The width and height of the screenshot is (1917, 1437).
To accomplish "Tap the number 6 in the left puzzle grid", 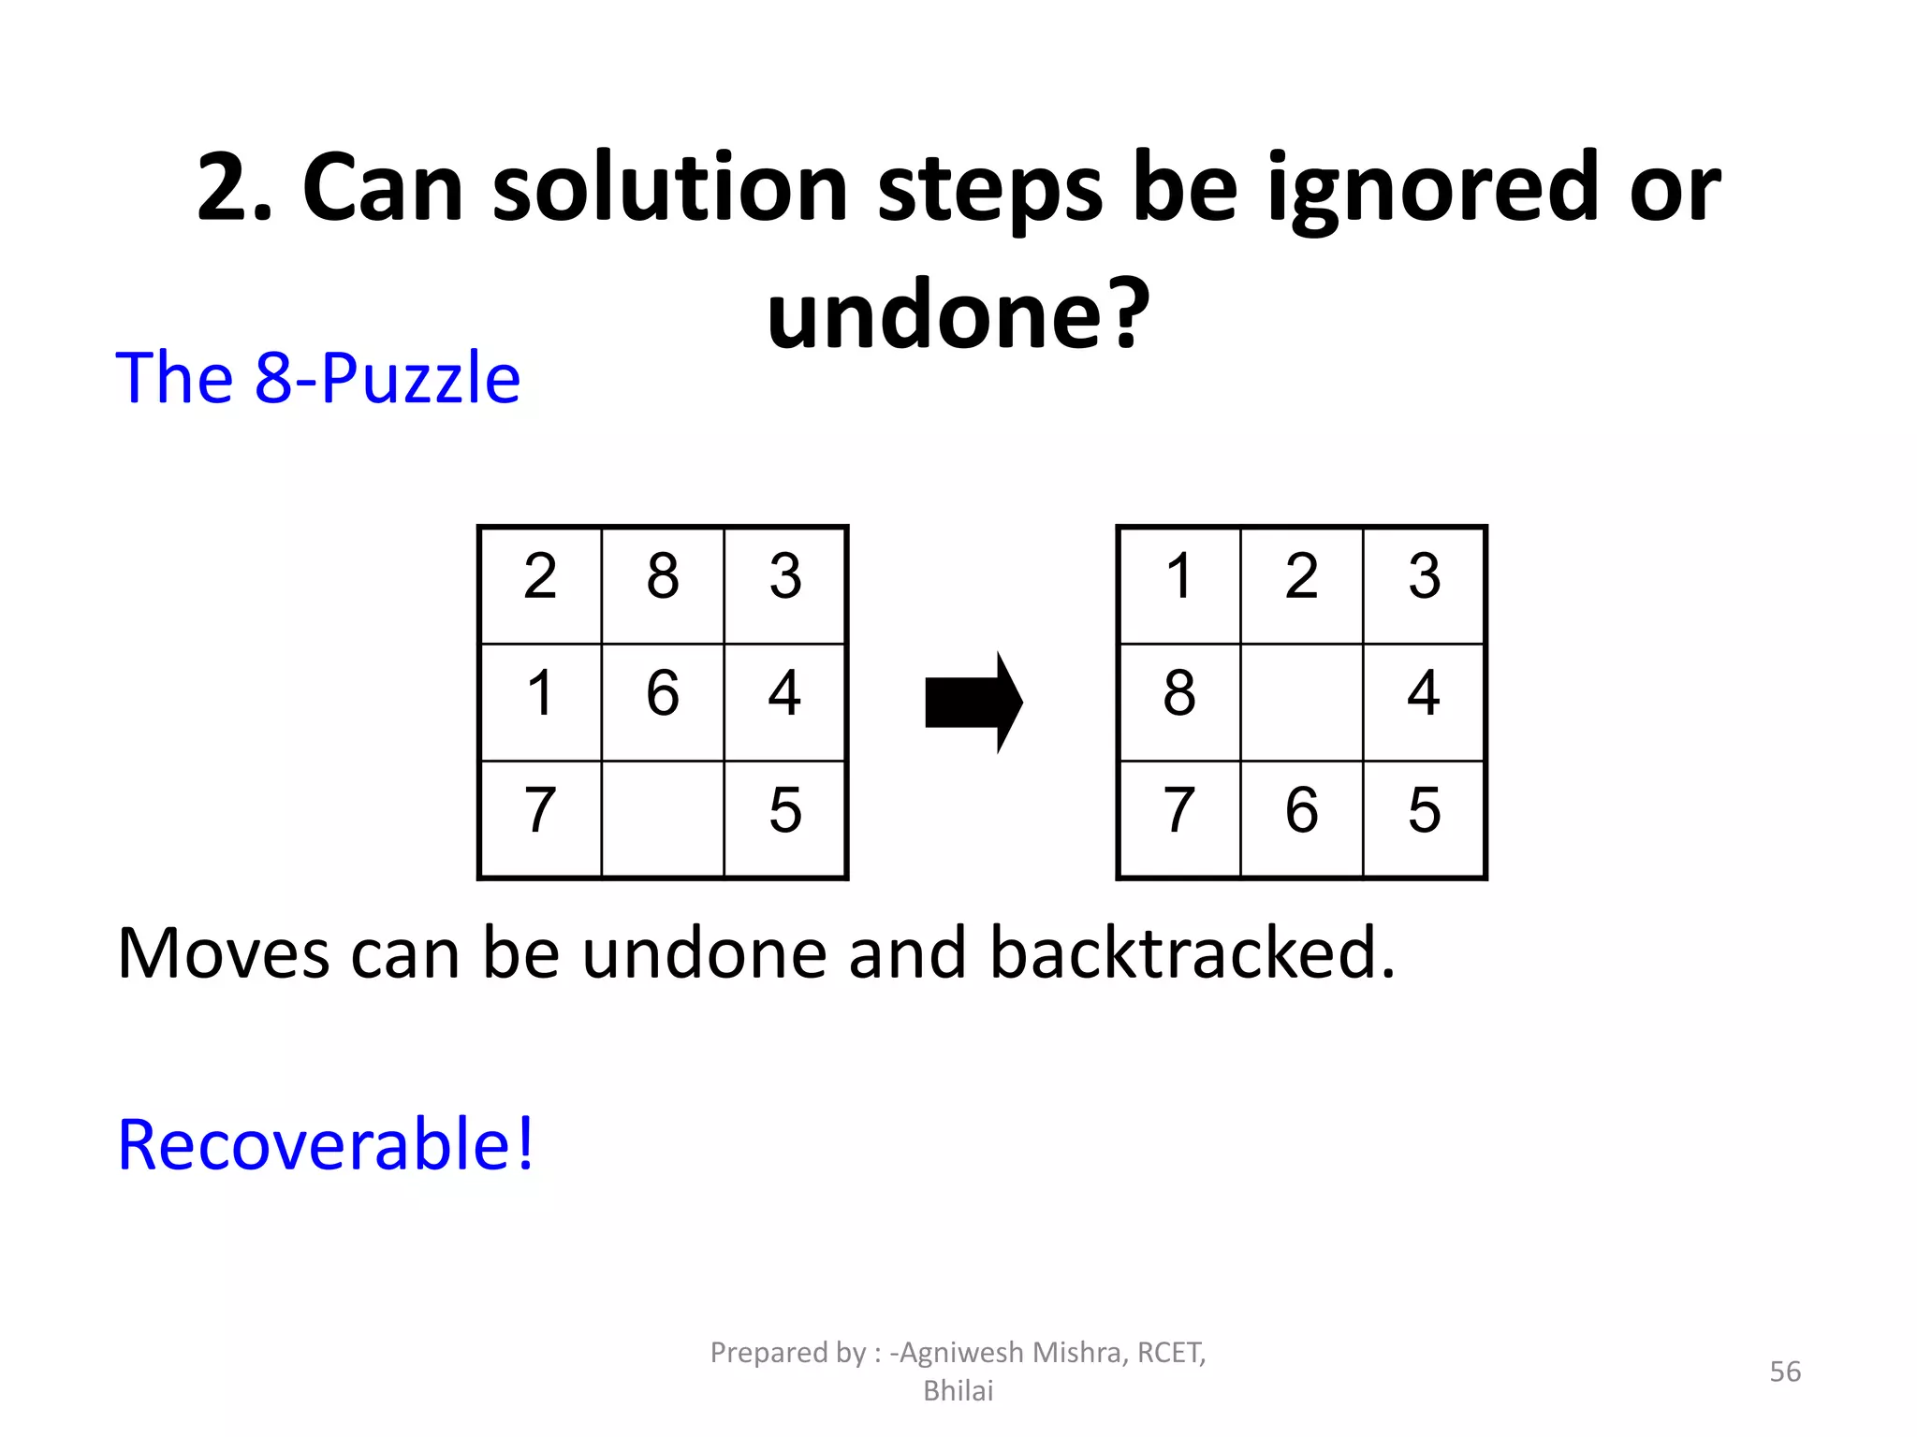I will point(663,693).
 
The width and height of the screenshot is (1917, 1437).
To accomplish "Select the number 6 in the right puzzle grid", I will point(1301,810).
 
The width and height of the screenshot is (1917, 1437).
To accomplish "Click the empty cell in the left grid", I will point(663,819).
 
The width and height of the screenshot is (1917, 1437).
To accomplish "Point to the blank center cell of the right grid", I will point(1301,702).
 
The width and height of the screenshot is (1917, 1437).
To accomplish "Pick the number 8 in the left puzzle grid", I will point(663,576).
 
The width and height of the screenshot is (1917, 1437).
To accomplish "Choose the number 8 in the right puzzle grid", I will point(1179,693).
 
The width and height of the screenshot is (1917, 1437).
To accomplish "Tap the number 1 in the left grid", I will point(540,693).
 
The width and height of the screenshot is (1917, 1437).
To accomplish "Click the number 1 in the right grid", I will point(1179,576).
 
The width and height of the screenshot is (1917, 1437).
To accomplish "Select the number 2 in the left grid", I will point(540,576).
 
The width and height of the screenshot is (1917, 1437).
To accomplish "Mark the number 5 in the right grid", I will point(1424,810).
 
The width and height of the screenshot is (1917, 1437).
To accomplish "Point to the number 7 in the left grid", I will point(540,810).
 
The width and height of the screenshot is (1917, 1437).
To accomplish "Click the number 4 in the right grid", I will point(1424,693).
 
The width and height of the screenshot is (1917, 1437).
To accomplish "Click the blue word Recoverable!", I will point(326,1144).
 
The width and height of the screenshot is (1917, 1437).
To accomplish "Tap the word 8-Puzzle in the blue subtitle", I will point(388,379).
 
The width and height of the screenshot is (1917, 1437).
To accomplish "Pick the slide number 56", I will point(1785,1372).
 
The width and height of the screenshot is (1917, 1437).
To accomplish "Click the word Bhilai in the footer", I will point(958,1391).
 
